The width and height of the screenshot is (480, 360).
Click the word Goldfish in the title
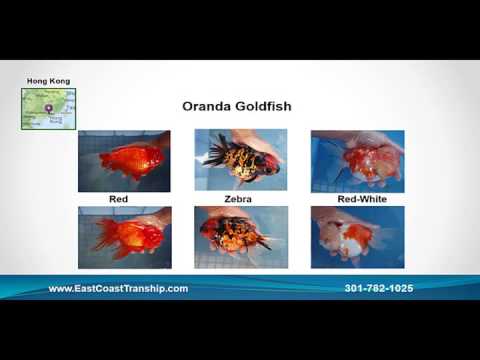[261, 106]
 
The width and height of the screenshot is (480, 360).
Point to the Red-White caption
[357, 199]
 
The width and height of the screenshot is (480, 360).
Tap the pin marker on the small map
[48, 108]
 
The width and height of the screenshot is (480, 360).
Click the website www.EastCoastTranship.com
[118, 288]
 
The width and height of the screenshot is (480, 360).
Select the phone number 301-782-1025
[378, 288]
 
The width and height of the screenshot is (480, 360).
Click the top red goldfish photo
[123, 161]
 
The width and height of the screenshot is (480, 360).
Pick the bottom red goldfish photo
[123, 237]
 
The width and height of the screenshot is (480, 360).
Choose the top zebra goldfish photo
[240, 161]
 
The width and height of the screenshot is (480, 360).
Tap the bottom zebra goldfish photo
[240, 237]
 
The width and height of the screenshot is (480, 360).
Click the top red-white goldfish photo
[357, 161]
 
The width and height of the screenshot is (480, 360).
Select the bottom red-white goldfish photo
[357, 237]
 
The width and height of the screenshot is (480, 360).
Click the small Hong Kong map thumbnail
[46, 109]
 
